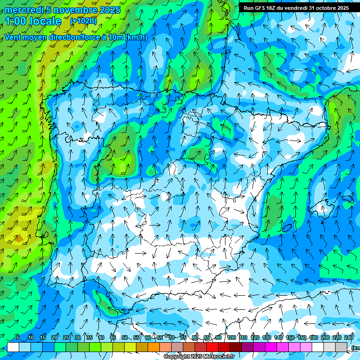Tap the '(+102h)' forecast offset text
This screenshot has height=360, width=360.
[83, 21]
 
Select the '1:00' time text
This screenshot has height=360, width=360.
[15, 21]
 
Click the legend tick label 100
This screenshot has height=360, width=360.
[231, 337]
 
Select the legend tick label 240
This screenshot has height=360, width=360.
[348, 337]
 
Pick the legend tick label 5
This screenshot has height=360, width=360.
[18, 337]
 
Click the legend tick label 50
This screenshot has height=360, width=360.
[124, 337]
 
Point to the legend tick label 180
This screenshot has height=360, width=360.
[313, 337]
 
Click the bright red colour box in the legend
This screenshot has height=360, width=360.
[212, 347]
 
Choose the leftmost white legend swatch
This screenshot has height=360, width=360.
[13, 347]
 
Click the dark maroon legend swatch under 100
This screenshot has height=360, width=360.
[236, 347]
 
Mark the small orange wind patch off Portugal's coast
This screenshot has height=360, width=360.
[18, 239]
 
